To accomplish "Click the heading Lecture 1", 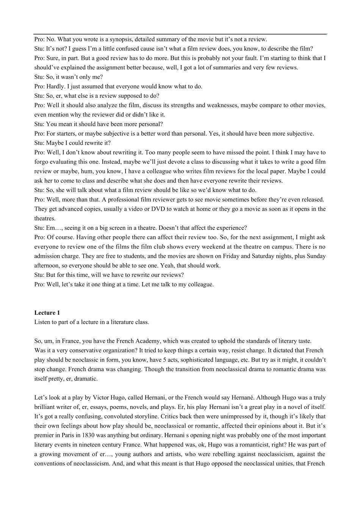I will click(x=47, y=313).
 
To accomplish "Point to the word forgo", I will click(x=42, y=162).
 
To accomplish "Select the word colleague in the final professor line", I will click(x=200, y=284).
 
